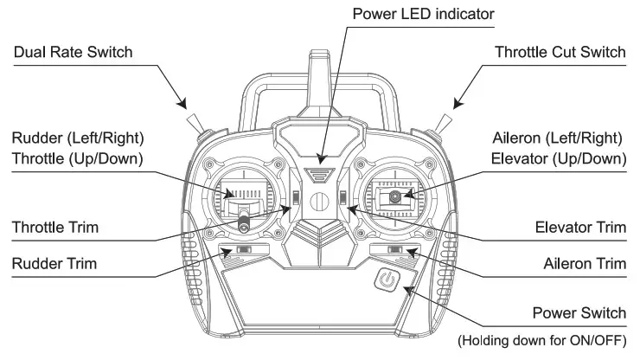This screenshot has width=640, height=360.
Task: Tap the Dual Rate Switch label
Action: click(73, 53)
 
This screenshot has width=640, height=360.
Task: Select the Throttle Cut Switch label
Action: click(560, 53)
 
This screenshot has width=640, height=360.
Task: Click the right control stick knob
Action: click(396, 197)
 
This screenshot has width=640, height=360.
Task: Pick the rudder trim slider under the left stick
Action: click(243, 251)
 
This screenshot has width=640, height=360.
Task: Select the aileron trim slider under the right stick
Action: click(396, 251)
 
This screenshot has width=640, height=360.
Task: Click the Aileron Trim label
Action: click(584, 262)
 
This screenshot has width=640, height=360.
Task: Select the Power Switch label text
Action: click(579, 312)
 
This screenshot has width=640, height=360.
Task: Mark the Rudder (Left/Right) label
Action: click(78, 138)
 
